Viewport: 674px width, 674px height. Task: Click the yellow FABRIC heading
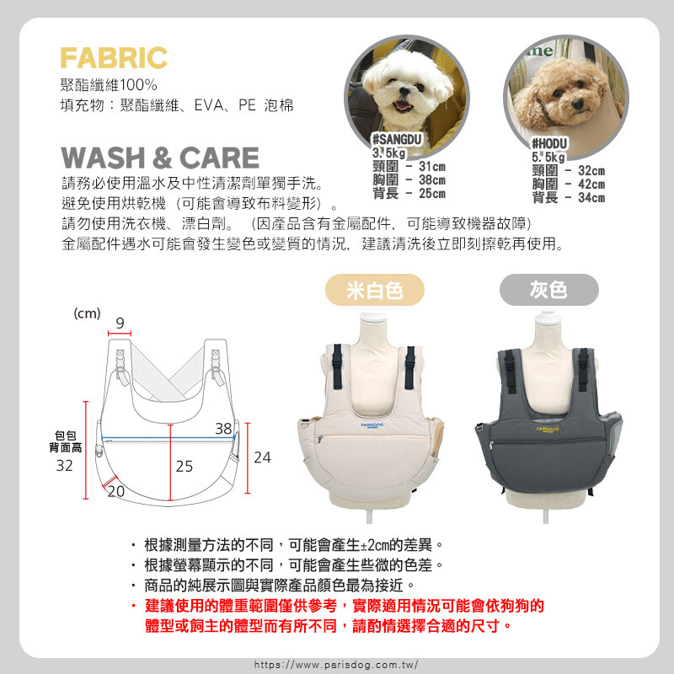114,58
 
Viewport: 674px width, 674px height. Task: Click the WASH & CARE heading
160,158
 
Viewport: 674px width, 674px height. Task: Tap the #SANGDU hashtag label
397,139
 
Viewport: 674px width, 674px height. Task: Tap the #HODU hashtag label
550,143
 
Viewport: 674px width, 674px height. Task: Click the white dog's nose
404,91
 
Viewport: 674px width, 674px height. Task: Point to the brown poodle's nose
577,103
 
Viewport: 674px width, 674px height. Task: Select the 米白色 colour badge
375,290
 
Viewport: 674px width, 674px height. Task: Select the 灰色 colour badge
549,290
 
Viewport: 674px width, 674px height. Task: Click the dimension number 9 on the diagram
120,323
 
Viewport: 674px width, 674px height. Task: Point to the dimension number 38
223,429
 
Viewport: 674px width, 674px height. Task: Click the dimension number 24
262,457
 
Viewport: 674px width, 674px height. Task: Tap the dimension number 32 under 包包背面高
65,466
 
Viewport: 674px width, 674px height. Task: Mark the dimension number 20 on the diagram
115,491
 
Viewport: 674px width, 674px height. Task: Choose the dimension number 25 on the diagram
185,467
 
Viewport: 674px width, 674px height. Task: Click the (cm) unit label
88,313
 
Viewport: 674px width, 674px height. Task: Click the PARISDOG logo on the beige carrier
372,425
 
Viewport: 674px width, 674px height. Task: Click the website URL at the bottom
336,665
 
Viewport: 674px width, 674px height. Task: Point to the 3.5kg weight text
389,152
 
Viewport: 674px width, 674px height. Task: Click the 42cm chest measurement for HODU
591,184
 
